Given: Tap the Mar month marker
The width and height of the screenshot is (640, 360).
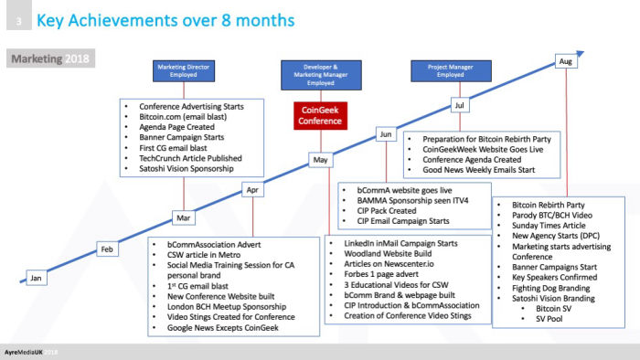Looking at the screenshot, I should [183, 219].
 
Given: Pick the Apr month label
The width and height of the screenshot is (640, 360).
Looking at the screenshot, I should [253, 190].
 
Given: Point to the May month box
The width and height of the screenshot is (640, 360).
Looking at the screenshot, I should [320, 160].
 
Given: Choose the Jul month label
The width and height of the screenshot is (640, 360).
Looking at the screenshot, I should [459, 106].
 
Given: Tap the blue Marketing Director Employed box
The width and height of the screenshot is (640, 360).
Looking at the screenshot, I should [183, 71].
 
